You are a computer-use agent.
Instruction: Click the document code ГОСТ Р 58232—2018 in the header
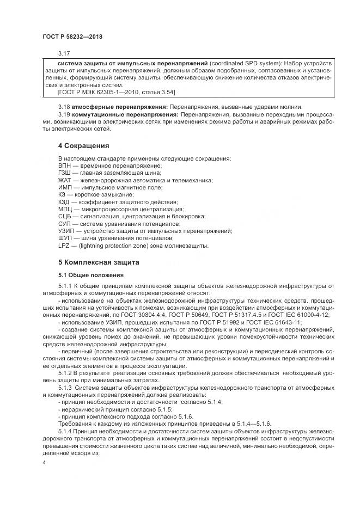pyautogui.click(x=72, y=36)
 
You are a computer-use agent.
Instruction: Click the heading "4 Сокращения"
pyautogui.click(x=83, y=146)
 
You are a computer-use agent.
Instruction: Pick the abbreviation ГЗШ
pyautogui.click(x=65, y=173)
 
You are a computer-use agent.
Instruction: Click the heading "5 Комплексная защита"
pyautogui.click(x=99, y=262)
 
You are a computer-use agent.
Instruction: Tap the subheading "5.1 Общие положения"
pyautogui.click(x=90, y=274)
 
